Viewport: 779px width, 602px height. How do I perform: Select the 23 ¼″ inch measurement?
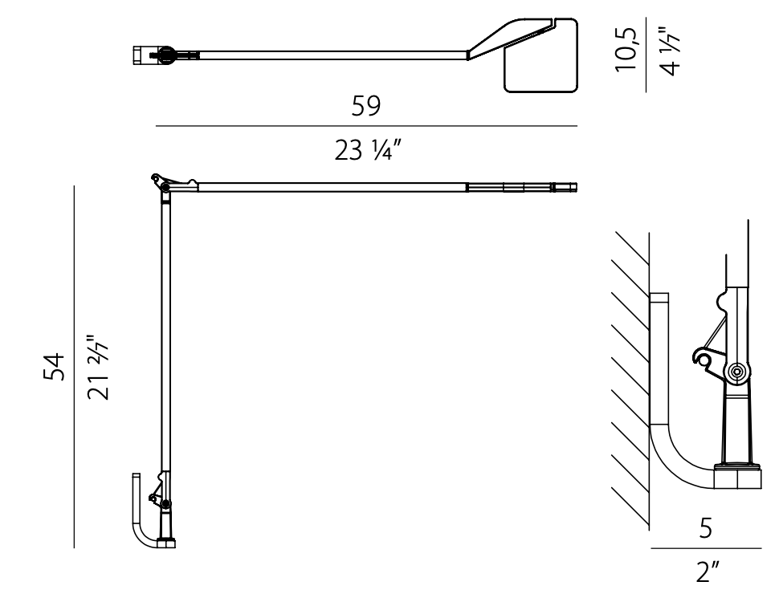pyautogui.click(x=366, y=149)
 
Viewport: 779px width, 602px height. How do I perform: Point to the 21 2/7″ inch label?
pyautogui.click(x=97, y=367)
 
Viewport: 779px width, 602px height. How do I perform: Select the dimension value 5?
pyautogui.click(x=705, y=529)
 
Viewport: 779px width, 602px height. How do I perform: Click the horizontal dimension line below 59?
pyautogui.click(x=366, y=126)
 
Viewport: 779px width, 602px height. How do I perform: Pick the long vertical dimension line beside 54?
pyautogui.click(x=74, y=367)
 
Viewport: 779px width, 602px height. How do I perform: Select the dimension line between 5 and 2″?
pyautogui.click(x=706, y=550)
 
